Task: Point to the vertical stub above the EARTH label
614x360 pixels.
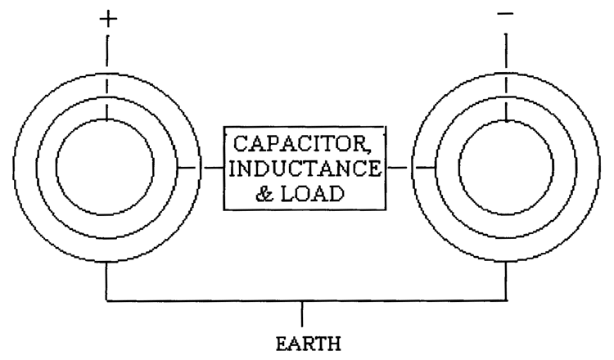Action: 305,313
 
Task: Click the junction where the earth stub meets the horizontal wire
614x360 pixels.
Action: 305,301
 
